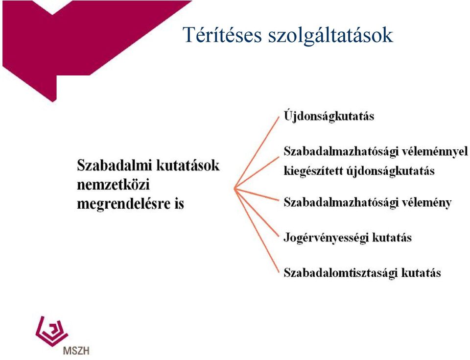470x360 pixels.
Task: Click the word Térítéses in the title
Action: (x=222, y=34)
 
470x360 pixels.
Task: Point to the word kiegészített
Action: (x=313, y=171)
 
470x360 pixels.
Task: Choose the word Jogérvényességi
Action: (x=326, y=238)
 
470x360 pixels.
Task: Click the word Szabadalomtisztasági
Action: (x=341, y=273)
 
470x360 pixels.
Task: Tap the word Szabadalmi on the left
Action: (x=115, y=165)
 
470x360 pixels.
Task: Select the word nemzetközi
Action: (x=113, y=185)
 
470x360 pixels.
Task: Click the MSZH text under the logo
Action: (x=76, y=350)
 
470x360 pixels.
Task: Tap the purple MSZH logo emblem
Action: (x=51, y=331)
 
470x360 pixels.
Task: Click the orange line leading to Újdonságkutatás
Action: (x=257, y=152)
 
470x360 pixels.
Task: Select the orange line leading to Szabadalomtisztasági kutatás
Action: (x=257, y=230)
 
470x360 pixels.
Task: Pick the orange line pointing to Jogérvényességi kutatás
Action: (x=257, y=213)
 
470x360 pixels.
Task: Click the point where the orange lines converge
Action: (x=235, y=189)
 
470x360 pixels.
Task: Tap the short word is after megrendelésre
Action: (x=179, y=204)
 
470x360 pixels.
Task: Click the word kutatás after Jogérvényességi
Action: (x=392, y=238)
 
